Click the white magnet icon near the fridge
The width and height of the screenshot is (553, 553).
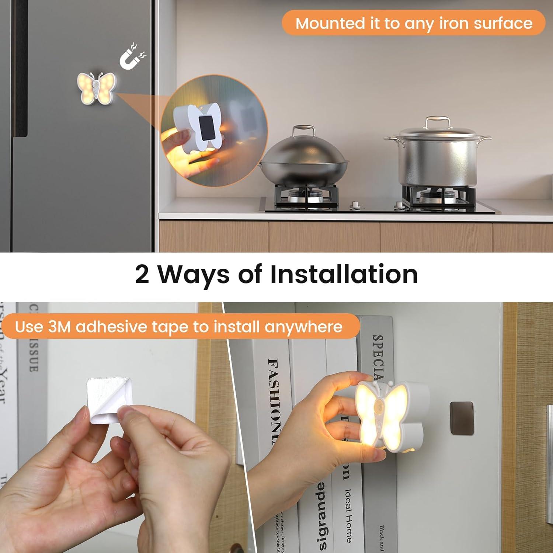pyautogui.click(x=132, y=57)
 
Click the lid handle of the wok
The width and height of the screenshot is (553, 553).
pyautogui.click(x=304, y=130)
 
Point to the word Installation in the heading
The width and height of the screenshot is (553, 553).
pyautogui.click(x=344, y=274)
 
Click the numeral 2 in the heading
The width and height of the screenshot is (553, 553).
pyautogui.click(x=142, y=274)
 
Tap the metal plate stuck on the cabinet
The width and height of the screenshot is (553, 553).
pyautogui.click(x=461, y=418)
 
